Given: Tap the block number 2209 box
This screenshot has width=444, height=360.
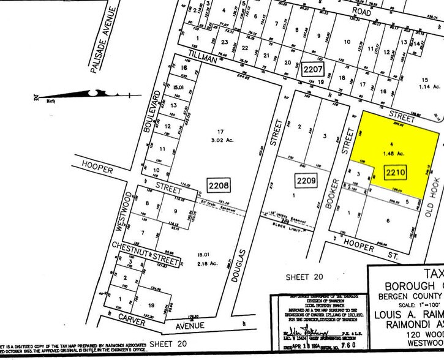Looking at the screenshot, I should [305, 181].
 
